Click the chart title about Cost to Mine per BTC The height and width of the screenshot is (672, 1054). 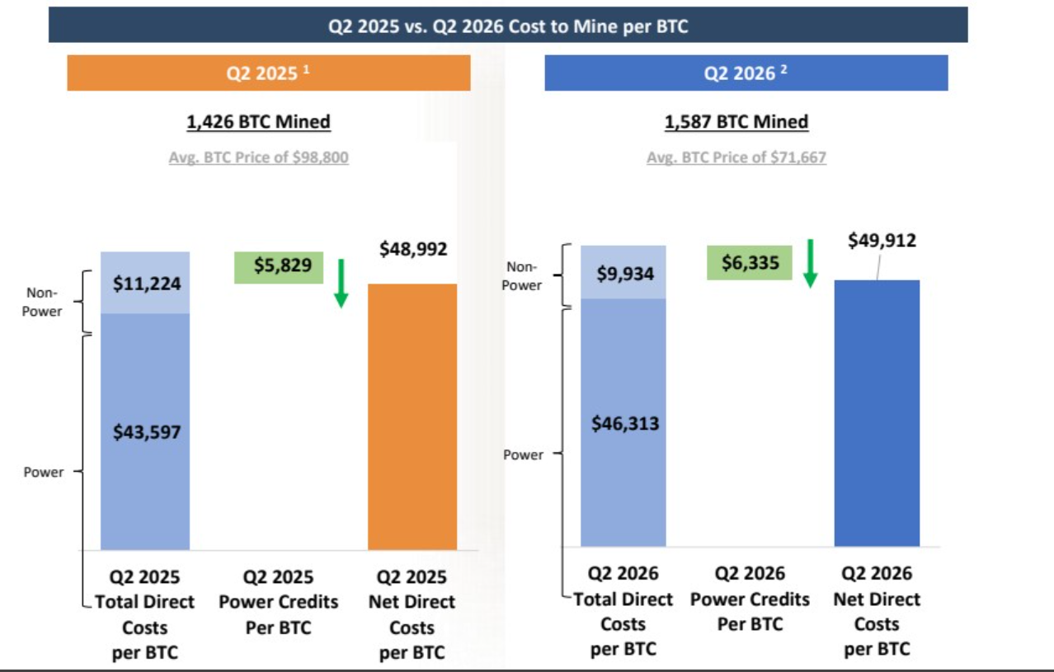508,26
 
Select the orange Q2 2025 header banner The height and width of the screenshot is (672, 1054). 269,73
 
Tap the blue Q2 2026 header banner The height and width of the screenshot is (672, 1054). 746,73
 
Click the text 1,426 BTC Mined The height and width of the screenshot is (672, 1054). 259,122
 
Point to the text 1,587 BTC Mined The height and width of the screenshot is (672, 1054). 736,122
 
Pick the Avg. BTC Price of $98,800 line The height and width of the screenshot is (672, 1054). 259,157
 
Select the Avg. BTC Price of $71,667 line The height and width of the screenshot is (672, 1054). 736,157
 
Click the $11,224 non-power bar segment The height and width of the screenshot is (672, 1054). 145,283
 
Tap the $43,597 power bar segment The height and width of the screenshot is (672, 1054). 145,431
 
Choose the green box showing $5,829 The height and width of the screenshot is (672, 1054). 279,267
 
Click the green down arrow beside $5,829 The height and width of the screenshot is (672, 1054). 341,284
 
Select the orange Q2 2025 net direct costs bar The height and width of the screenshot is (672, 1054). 412,416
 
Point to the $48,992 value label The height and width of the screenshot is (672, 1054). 413,249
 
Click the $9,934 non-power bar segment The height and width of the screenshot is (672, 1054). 623,272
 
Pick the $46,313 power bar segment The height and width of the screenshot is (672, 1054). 623,423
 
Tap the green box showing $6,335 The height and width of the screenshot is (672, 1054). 750,262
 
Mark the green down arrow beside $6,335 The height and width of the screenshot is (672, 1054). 810,264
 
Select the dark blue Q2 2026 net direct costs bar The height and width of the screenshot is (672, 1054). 877,413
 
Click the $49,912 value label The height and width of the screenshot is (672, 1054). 882,241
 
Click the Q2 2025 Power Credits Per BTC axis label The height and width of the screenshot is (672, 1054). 279,602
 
